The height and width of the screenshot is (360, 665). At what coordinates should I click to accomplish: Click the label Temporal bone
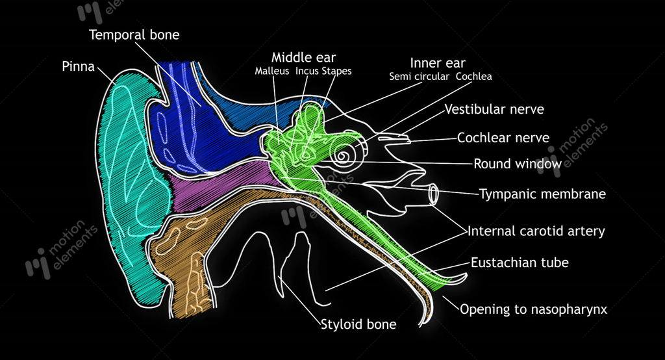[134, 35]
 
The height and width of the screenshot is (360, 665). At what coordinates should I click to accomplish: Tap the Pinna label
[78, 66]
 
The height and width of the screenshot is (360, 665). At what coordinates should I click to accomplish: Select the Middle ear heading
[303, 57]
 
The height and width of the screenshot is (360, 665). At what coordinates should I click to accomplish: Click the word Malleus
[272, 71]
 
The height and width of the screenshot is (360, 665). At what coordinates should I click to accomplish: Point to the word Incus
[307, 71]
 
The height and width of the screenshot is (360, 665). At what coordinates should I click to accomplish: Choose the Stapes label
[336, 71]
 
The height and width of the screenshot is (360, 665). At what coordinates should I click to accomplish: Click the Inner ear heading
[437, 63]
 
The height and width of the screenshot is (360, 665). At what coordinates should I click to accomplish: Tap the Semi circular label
[419, 77]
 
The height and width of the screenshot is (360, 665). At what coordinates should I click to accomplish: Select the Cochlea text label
[473, 77]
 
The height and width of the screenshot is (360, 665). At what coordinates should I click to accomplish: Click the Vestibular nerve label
[494, 109]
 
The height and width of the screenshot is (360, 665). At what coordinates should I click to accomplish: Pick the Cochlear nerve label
[503, 138]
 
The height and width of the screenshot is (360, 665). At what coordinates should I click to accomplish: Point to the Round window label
[518, 164]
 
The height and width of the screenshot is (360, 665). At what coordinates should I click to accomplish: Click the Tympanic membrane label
[542, 194]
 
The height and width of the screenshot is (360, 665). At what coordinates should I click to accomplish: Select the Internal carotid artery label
[536, 231]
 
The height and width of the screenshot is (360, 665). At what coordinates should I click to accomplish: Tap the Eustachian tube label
[520, 263]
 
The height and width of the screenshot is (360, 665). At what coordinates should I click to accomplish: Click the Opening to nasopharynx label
[534, 309]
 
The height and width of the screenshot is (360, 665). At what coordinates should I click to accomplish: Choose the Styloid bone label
[358, 324]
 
